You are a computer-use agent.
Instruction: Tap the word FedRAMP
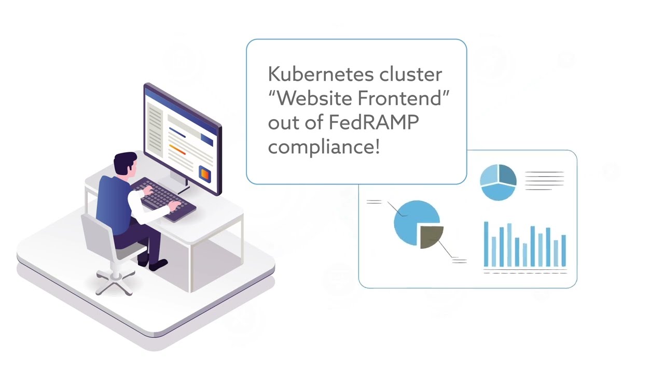pyautogui.click(x=374, y=123)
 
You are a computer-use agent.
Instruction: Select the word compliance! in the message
pyautogui.click(x=324, y=147)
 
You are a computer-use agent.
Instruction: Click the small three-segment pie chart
pyautogui.click(x=498, y=182)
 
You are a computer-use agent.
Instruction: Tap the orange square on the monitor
pyautogui.click(x=205, y=174)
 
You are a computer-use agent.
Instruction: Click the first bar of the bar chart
pyautogui.click(x=486, y=244)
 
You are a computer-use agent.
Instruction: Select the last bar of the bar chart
pyautogui.click(x=563, y=251)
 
